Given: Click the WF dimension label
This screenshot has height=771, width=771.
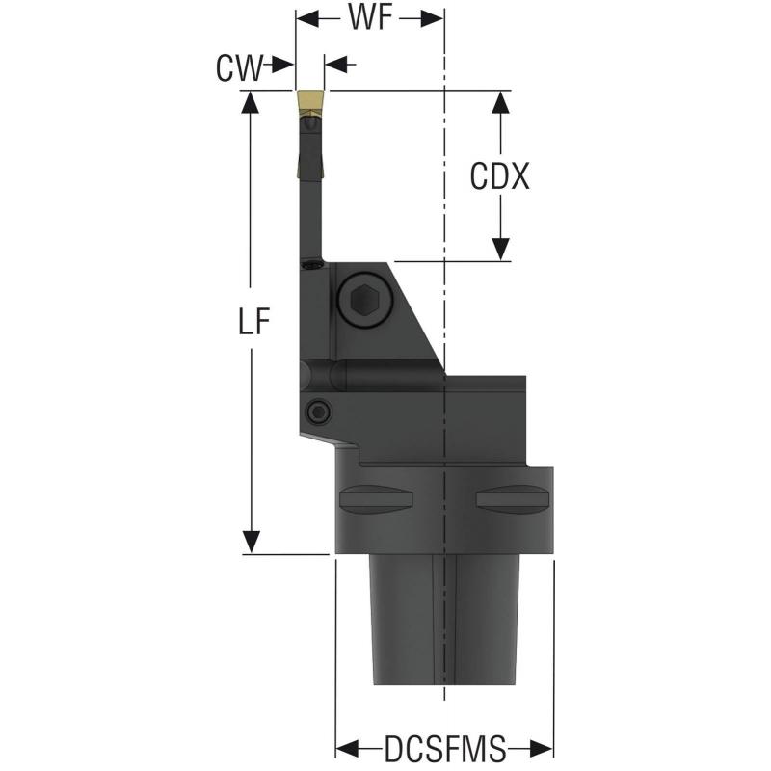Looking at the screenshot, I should click(370, 18).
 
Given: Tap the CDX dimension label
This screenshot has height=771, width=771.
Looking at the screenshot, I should click(500, 175).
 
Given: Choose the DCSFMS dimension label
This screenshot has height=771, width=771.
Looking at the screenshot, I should click(444, 748).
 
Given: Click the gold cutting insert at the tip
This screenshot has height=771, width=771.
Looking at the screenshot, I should click(310, 100).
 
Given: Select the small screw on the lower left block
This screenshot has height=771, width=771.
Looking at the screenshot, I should click(318, 412).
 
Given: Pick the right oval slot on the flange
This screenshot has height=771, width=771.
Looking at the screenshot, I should click(511, 498).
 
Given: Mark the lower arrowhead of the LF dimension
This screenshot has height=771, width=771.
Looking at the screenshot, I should click(252, 543).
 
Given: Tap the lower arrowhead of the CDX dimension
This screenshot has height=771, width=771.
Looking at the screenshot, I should click(500, 250).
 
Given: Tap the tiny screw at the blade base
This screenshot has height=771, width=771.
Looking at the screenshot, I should click(311, 263).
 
